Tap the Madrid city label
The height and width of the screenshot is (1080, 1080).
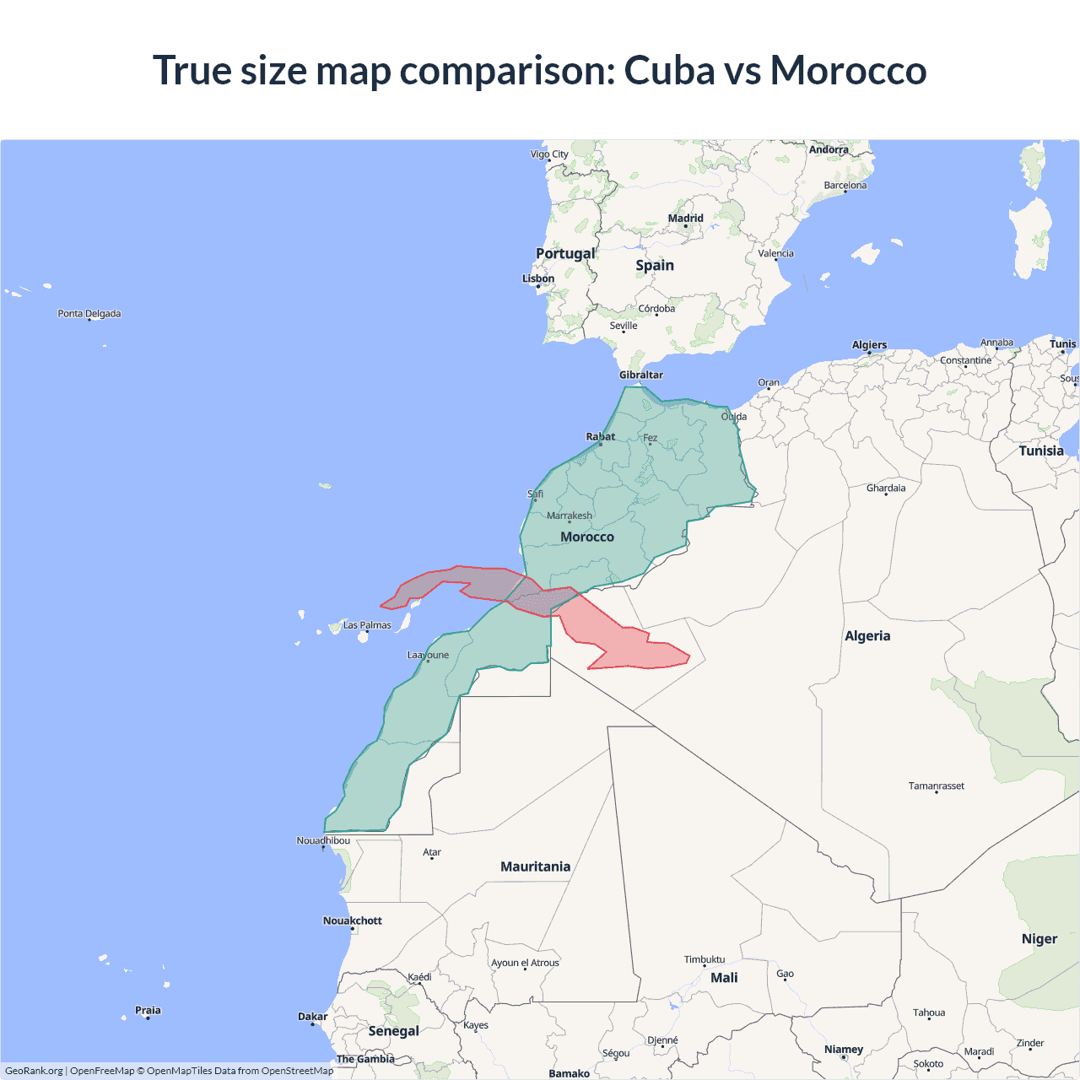click(685, 218)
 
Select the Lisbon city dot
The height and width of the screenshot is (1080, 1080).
click(538, 286)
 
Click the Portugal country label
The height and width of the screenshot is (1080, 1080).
click(565, 253)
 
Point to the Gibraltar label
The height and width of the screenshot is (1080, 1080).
click(641, 375)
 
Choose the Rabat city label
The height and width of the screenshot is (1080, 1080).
click(601, 436)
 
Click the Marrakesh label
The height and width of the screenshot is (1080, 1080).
click(570, 516)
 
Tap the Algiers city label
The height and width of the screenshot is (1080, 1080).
click(869, 344)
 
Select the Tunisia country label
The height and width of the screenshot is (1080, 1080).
click(1041, 451)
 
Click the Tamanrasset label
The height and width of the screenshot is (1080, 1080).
click(936, 786)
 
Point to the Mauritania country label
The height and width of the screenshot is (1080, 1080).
click(535, 867)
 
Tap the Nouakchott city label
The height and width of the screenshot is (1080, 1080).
click(353, 921)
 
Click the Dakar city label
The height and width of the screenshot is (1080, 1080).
click(312, 1016)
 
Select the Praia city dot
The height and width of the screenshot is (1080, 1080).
click(148, 1018)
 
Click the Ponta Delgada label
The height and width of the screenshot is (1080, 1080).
click(89, 313)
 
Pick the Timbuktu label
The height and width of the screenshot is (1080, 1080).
click(705, 959)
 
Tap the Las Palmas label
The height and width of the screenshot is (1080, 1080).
click(367, 625)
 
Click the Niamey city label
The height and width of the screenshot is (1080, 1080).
click(844, 1049)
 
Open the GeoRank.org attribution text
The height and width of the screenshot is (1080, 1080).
click(34, 1071)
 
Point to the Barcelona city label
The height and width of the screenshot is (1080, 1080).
click(845, 185)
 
